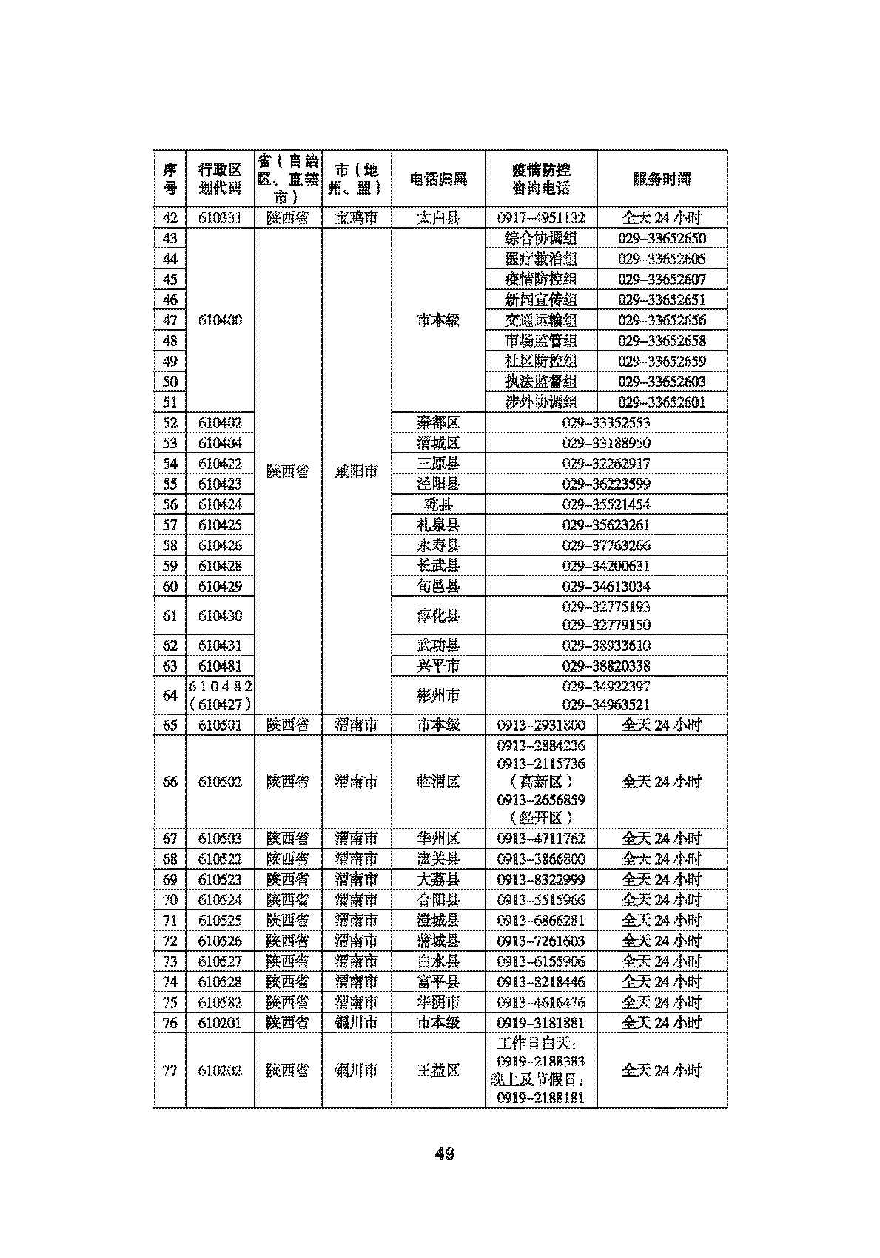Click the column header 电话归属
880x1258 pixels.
coord(438,179)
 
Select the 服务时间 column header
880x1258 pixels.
coord(662,179)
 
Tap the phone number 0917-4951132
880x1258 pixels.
coord(541,218)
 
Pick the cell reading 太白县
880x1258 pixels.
coord(438,218)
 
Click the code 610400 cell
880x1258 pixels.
coord(220,320)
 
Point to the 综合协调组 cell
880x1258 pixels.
coord(541,238)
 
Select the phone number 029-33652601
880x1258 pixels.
coord(662,402)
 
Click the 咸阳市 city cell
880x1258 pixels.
coord(356,471)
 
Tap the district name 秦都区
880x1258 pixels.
coord(438,422)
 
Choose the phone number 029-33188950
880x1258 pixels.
coord(606,443)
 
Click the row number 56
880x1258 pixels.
coord(170,504)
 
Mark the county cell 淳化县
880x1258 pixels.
coord(438,616)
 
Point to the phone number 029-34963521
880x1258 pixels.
coord(606,705)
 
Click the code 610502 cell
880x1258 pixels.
coord(220,782)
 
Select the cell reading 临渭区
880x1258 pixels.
coord(438,782)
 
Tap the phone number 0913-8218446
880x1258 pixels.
coord(541,982)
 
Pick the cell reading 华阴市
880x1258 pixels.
coord(438,1002)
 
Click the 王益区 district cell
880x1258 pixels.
coord(438,1070)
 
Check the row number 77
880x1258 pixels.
coord(170,1070)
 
